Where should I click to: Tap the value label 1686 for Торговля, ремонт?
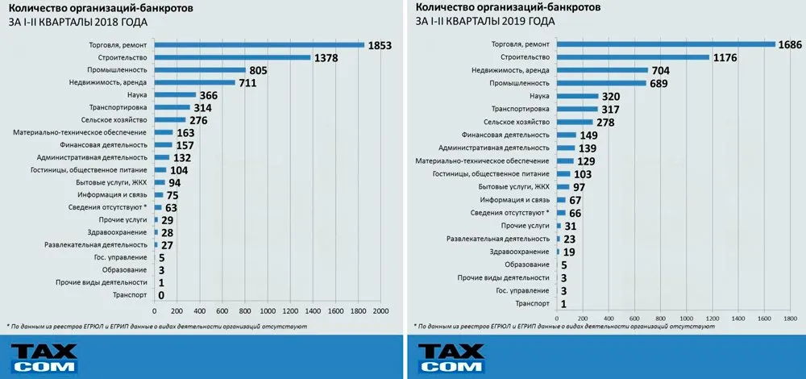(789, 45)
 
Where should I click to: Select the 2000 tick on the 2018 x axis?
(380, 310)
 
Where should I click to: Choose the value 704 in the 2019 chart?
(664, 70)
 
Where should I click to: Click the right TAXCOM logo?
(451, 357)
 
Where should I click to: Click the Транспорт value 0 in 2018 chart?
(162, 295)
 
